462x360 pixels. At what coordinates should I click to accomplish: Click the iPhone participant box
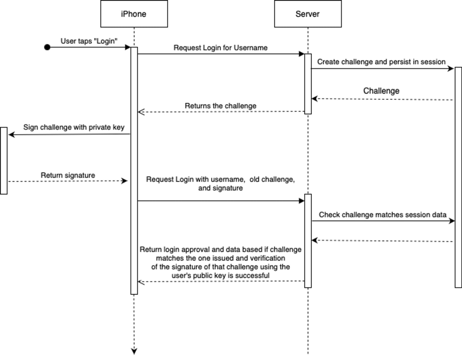coord(134,14)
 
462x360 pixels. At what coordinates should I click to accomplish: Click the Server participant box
coord(308,14)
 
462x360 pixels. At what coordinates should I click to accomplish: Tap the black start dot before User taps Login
coord(47,47)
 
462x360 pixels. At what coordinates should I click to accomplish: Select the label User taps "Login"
coord(89,41)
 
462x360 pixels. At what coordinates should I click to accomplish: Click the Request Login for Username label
coord(221,48)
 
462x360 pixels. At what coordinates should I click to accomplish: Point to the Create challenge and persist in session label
coord(381,62)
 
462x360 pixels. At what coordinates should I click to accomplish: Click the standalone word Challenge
coord(381,91)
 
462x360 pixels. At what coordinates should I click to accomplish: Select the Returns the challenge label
coord(221,106)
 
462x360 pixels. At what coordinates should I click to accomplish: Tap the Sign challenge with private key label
coord(74,127)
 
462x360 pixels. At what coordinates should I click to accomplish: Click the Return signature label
coord(68,175)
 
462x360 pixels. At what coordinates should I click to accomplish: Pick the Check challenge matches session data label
coord(383,215)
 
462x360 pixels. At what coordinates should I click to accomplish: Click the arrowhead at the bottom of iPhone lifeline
coord(134,351)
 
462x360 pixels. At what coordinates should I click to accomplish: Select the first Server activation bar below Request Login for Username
coord(308,84)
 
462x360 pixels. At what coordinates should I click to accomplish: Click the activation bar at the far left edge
coord(4,161)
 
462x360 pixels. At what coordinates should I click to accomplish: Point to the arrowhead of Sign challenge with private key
coord(12,135)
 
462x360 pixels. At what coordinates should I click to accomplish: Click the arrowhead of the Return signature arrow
coord(125,181)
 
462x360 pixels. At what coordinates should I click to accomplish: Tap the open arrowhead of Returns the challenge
coord(141,112)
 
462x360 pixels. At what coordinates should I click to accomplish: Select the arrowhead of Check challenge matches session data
coord(452,221)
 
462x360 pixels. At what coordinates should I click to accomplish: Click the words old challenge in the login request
coord(271,180)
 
